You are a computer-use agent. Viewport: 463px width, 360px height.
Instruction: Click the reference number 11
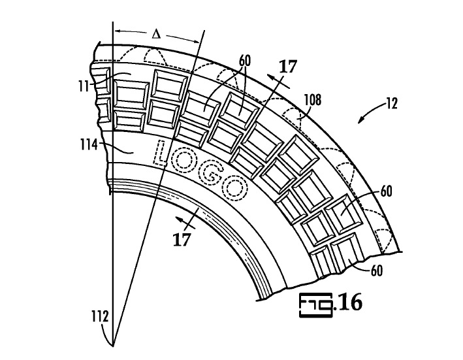click(84, 86)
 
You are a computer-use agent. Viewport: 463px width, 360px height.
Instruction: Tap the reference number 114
click(89, 144)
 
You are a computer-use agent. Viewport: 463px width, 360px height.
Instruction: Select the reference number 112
click(100, 317)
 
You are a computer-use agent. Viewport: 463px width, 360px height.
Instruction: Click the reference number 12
click(392, 104)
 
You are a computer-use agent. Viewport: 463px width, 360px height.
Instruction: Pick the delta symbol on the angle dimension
click(156, 35)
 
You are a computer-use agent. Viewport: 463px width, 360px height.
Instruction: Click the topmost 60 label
click(244, 61)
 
